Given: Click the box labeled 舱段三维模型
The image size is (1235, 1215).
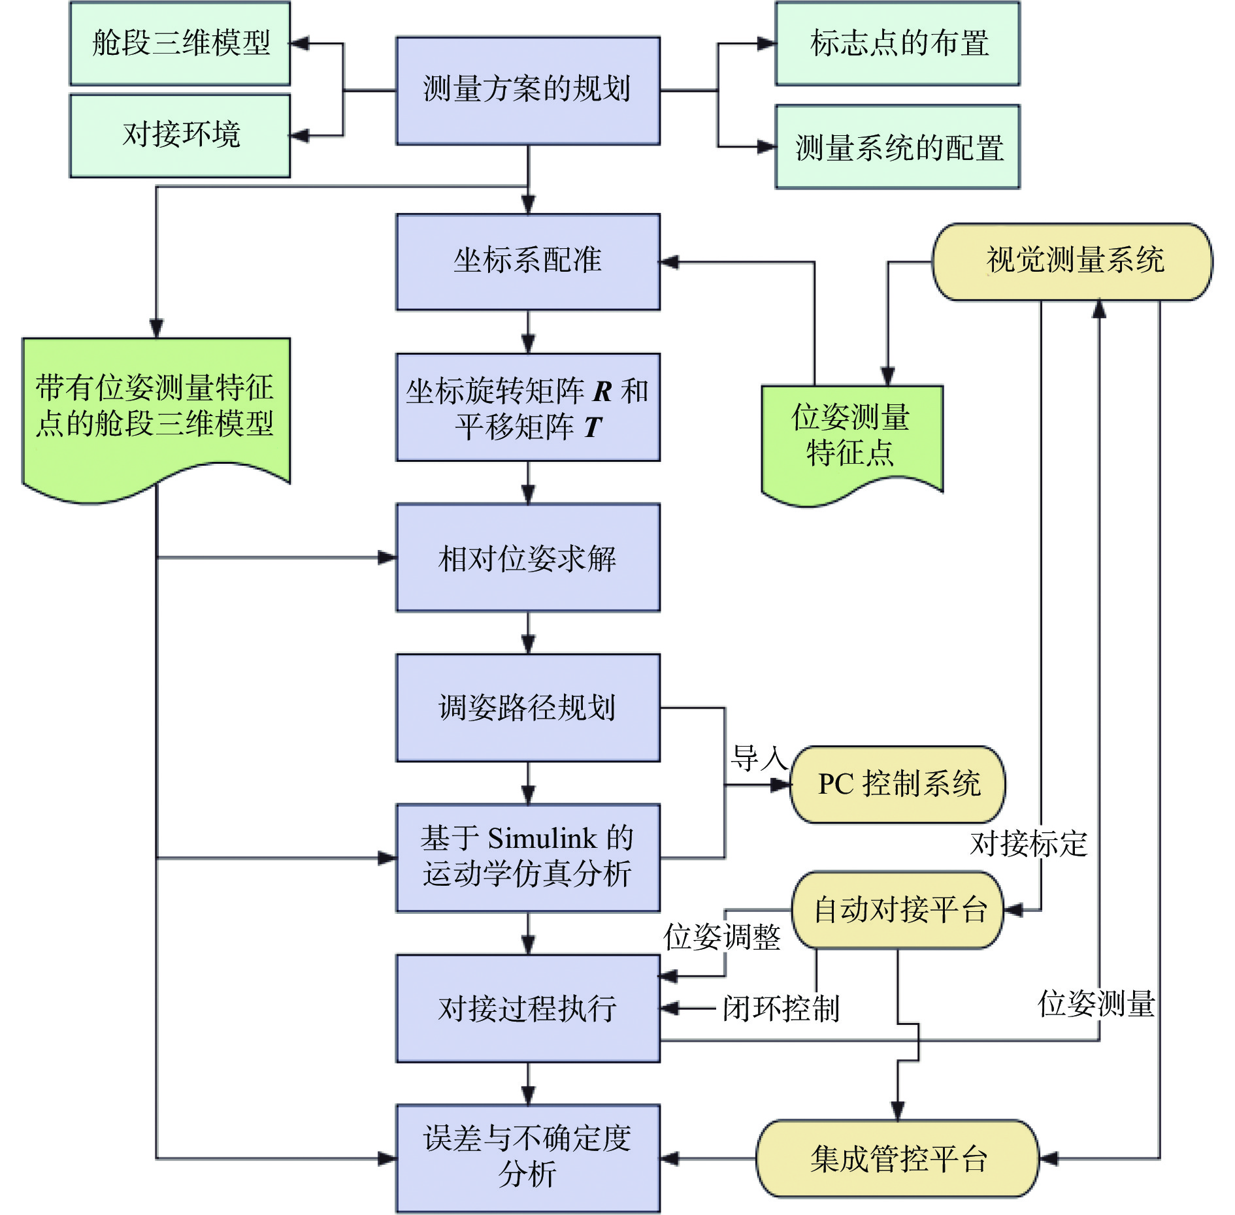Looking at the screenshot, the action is [180, 44].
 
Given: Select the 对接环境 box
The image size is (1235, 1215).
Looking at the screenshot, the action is [180, 136].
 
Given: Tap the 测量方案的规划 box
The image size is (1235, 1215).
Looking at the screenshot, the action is [528, 91].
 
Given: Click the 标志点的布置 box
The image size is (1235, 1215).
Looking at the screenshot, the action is [897, 44].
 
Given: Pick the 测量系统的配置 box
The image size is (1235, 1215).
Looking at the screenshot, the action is [897, 147].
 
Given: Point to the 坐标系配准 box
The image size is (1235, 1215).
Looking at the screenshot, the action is [528, 262].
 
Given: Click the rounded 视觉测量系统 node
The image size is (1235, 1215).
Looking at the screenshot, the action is [1072, 262].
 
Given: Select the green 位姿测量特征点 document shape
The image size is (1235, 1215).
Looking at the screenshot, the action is [852, 444].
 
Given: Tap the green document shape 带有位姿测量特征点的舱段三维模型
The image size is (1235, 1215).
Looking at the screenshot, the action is [156, 418].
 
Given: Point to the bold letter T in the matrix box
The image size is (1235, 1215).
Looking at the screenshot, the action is [593, 427].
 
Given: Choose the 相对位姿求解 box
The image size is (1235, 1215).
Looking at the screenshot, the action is [528, 558].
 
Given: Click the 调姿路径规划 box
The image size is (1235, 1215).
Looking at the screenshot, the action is [528, 708].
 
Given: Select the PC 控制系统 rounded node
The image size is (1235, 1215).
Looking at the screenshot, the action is [898, 785].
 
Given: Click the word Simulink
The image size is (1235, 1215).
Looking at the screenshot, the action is [542, 838].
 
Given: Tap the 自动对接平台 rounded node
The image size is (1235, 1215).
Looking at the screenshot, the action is [898, 910].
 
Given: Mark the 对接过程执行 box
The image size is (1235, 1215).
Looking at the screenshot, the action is [528, 1009].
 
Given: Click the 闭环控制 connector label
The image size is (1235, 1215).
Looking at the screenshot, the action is [781, 1009].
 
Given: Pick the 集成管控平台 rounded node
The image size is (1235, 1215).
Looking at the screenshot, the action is [898, 1159].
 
